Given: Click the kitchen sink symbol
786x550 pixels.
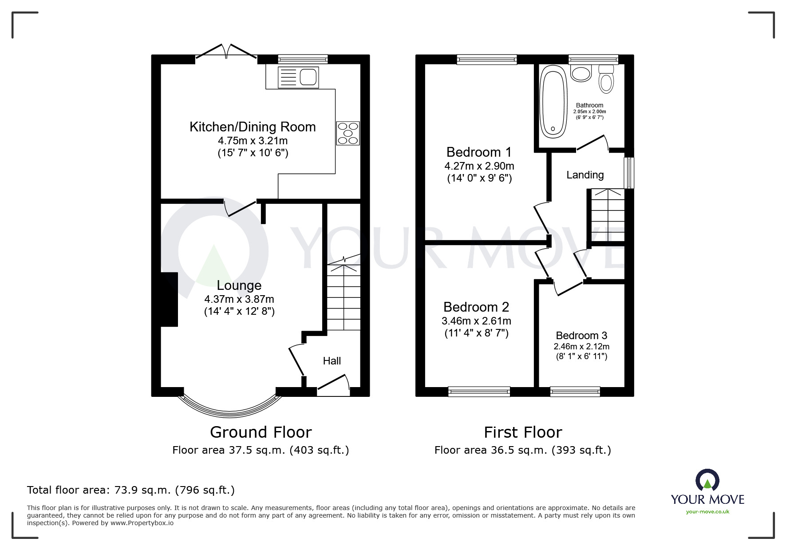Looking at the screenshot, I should pyautogui.click(x=298, y=77).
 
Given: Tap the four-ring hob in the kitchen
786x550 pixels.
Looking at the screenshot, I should pyautogui.click(x=348, y=133).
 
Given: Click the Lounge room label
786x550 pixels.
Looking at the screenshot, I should pyautogui.click(x=239, y=285).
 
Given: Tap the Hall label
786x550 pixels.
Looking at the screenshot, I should pyautogui.click(x=332, y=361).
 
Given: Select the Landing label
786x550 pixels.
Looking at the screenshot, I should pyautogui.click(x=585, y=175).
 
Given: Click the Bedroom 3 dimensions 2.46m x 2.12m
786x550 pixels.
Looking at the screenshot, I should pyautogui.click(x=581, y=346).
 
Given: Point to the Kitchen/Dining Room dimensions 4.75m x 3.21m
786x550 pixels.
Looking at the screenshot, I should pyautogui.click(x=253, y=141).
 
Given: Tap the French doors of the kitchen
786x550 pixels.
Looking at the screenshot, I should pyautogui.click(x=226, y=52).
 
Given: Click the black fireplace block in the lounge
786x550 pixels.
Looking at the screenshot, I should pyautogui.click(x=169, y=300).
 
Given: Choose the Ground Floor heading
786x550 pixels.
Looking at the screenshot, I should pyautogui.click(x=261, y=432).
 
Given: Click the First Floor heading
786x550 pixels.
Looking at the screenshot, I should pyautogui.click(x=523, y=432).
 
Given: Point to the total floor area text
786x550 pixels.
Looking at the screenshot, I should pyautogui.click(x=131, y=490).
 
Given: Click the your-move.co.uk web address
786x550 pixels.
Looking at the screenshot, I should pyautogui.click(x=707, y=512).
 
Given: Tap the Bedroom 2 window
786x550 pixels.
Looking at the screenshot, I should pyautogui.click(x=479, y=392).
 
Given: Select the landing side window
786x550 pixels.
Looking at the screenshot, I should pyautogui.click(x=629, y=173).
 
